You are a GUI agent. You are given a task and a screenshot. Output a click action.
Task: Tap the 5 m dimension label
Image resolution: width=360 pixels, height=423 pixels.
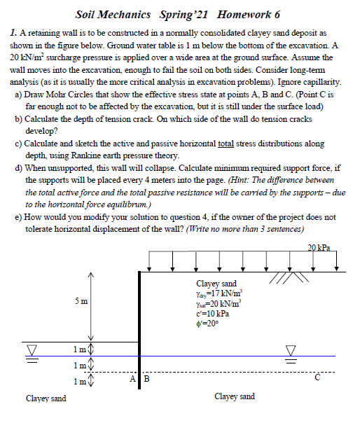pos(81,302)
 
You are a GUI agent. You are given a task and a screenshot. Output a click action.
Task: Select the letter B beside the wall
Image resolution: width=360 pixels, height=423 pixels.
pos(146,380)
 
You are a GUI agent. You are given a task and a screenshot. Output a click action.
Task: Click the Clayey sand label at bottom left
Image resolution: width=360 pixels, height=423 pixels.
pos(46,398)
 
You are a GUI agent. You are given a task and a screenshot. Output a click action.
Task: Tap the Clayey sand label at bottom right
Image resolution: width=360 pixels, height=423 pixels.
pos(234,396)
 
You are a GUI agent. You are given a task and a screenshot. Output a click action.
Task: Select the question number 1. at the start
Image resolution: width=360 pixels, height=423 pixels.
pos(14,34)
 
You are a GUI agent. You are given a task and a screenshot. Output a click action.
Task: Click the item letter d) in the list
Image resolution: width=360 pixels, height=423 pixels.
pos(18,168)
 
